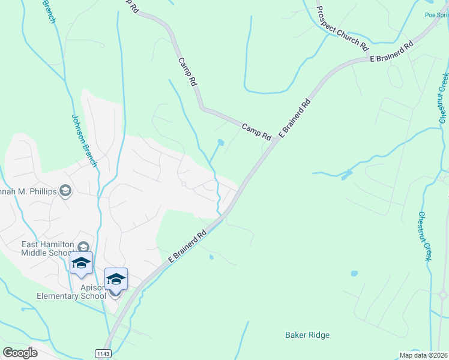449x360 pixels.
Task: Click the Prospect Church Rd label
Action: click(x=342, y=28)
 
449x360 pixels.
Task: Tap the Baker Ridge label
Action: click(x=307, y=335)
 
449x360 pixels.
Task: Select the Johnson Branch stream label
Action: click(x=84, y=140)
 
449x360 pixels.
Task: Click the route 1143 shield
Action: click(x=103, y=354)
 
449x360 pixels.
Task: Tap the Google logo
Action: click(x=20, y=353)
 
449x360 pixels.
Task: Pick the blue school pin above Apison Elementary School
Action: click(x=116, y=279)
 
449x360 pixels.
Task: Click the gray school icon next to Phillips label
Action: click(x=65, y=191)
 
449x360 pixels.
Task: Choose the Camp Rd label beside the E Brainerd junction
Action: click(x=256, y=132)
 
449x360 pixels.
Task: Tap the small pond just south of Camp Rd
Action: click(x=221, y=143)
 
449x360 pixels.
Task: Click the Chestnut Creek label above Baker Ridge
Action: click(x=425, y=236)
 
